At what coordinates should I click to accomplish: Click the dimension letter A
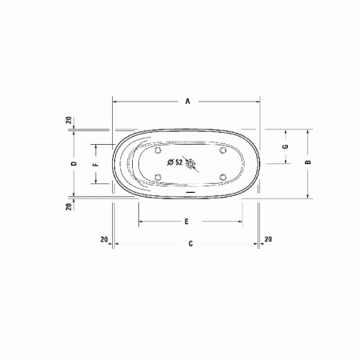click(187, 102)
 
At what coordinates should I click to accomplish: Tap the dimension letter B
click(308, 162)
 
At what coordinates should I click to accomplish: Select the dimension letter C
click(190, 243)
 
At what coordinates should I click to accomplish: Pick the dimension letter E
click(186, 221)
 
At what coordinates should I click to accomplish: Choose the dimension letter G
click(285, 147)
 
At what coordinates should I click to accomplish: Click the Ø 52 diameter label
click(174, 162)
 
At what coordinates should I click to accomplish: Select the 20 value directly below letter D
click(70, 206)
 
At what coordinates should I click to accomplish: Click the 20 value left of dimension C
click(104, 239)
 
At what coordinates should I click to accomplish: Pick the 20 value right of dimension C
click(268, 239)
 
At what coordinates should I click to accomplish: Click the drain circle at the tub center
click(190, 163)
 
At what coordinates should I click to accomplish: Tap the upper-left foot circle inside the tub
click(159, 150)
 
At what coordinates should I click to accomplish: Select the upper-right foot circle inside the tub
click(222, 150)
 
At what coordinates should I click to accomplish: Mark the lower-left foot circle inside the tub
click(159, 177)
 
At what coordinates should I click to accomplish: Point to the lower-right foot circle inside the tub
click(222, 177)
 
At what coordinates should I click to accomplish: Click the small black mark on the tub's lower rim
click(190, 192)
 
